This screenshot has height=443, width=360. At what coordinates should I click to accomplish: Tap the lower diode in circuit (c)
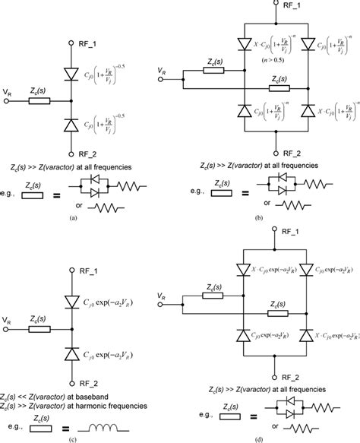click(72, 353)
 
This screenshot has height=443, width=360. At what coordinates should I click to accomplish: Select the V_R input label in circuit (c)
click(7, 321)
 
